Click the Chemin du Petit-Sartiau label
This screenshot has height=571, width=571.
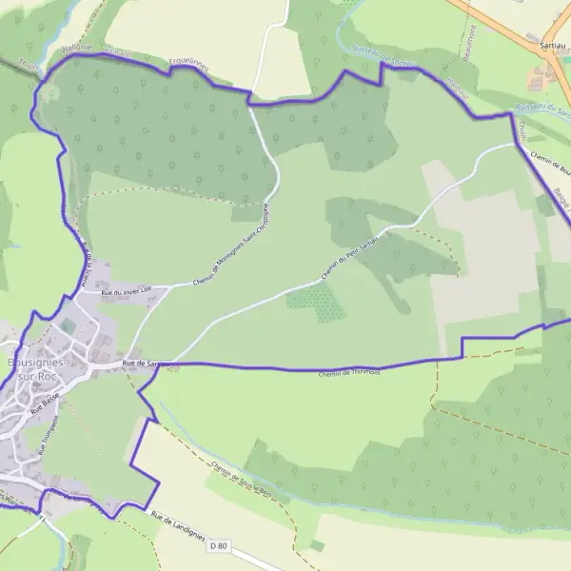350,256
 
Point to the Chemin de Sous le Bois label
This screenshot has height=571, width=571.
243,482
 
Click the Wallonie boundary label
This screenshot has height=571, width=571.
75,46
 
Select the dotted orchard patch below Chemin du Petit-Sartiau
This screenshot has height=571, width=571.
316,303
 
